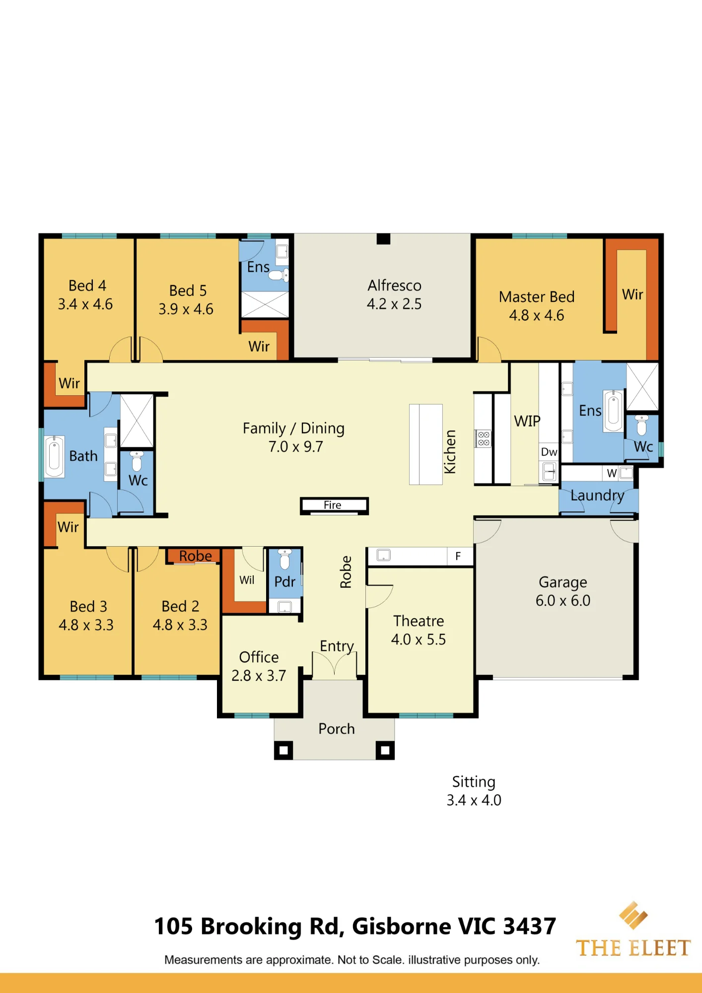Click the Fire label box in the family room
pos(334,505)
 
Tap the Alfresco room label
pos(394,285)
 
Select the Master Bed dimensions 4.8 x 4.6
pos(537,315)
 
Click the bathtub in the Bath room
pos(55,456)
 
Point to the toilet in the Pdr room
pos(284,558)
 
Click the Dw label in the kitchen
pos(549,452)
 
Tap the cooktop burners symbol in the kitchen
pos(484,438)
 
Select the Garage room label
pos(563,582)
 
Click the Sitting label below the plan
pos(474,782)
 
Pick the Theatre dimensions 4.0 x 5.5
pos(419,639)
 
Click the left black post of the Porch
pos(283,750)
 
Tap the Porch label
pos(337,729)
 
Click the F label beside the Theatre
pos(458,556)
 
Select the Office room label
pos(259,657)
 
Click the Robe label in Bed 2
pos(196,556)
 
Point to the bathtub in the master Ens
pos(614,411)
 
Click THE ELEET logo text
pos(633,948)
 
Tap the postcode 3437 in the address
pos(529,926)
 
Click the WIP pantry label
pos(527,421)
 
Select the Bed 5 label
pos(188,290)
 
